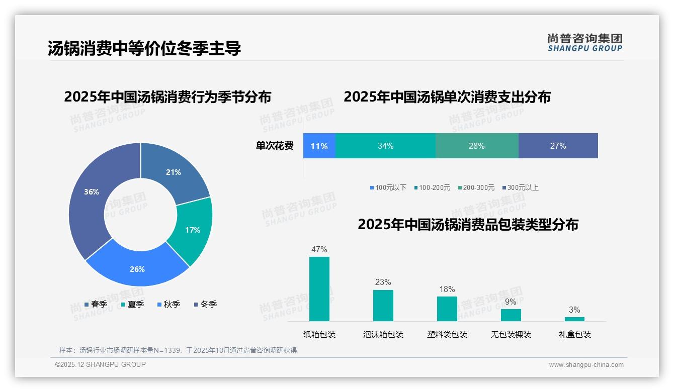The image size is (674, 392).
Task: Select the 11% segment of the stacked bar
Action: pyautogui.click(x=319, y=146)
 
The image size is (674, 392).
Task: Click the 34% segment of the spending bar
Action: pyautogui.click(x=385, y=146)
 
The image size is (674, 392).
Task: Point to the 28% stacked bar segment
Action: pyautogui.click(x=476, y=146)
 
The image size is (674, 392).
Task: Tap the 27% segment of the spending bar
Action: pyautogui.click(x=558, y=146)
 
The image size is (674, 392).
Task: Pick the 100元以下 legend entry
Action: pyautogui.click(x=388, y=188)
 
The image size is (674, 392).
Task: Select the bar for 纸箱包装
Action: pyautogui.click(x=319, y=289)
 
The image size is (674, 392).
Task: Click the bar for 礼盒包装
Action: pyautogui.click(x=574, y=319)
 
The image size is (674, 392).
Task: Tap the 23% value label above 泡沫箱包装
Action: pyautogui.click(x=383, y=282)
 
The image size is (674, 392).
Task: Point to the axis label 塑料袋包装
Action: pyautogui.click(x=447, y=335)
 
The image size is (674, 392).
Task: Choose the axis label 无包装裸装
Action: pyautogui.click(x=511, y=335)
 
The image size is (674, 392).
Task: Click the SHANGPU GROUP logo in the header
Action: pyautogui.click(x=584, y=43)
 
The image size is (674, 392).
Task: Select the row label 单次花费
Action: pyautogui.click(x=275, y=146)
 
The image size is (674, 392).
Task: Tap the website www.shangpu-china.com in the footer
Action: pyautogui.click(x=586, y=365)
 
